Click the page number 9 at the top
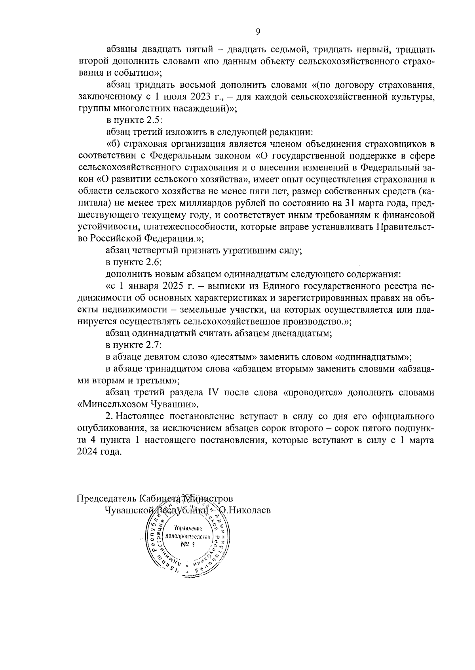258,32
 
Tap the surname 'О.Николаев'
245,510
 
